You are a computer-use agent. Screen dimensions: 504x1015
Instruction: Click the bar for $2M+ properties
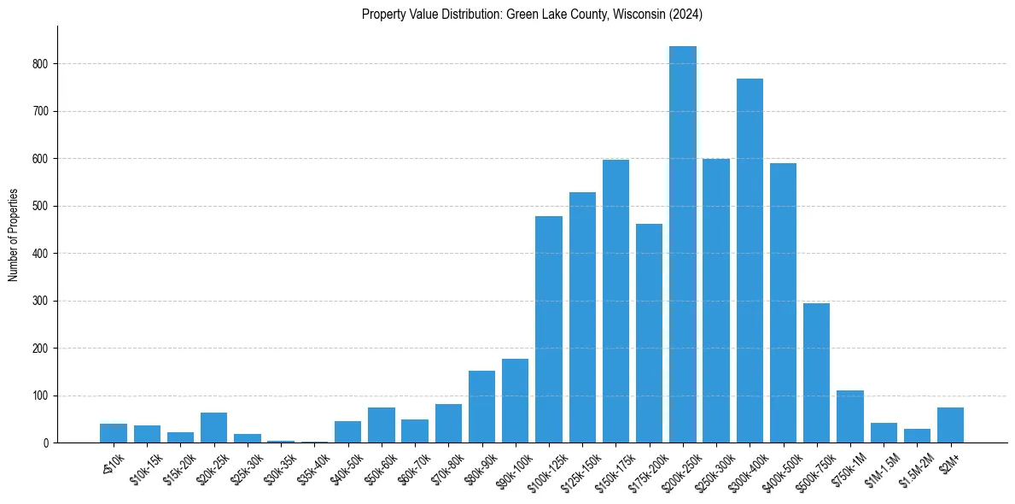click(x=950, y=425)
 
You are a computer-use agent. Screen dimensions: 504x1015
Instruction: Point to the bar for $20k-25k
click(x=213, y=428)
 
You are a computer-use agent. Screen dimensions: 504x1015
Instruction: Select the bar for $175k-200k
click(x=649, y=333)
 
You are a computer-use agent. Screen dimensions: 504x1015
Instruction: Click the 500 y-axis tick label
click(x=41, y=206)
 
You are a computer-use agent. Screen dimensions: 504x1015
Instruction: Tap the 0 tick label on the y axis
click(x=47, y=443)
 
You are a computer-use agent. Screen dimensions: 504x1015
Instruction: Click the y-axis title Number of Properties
click(x=13, y=234)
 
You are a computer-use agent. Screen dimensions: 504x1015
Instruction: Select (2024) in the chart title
click(x=685, y=14)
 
